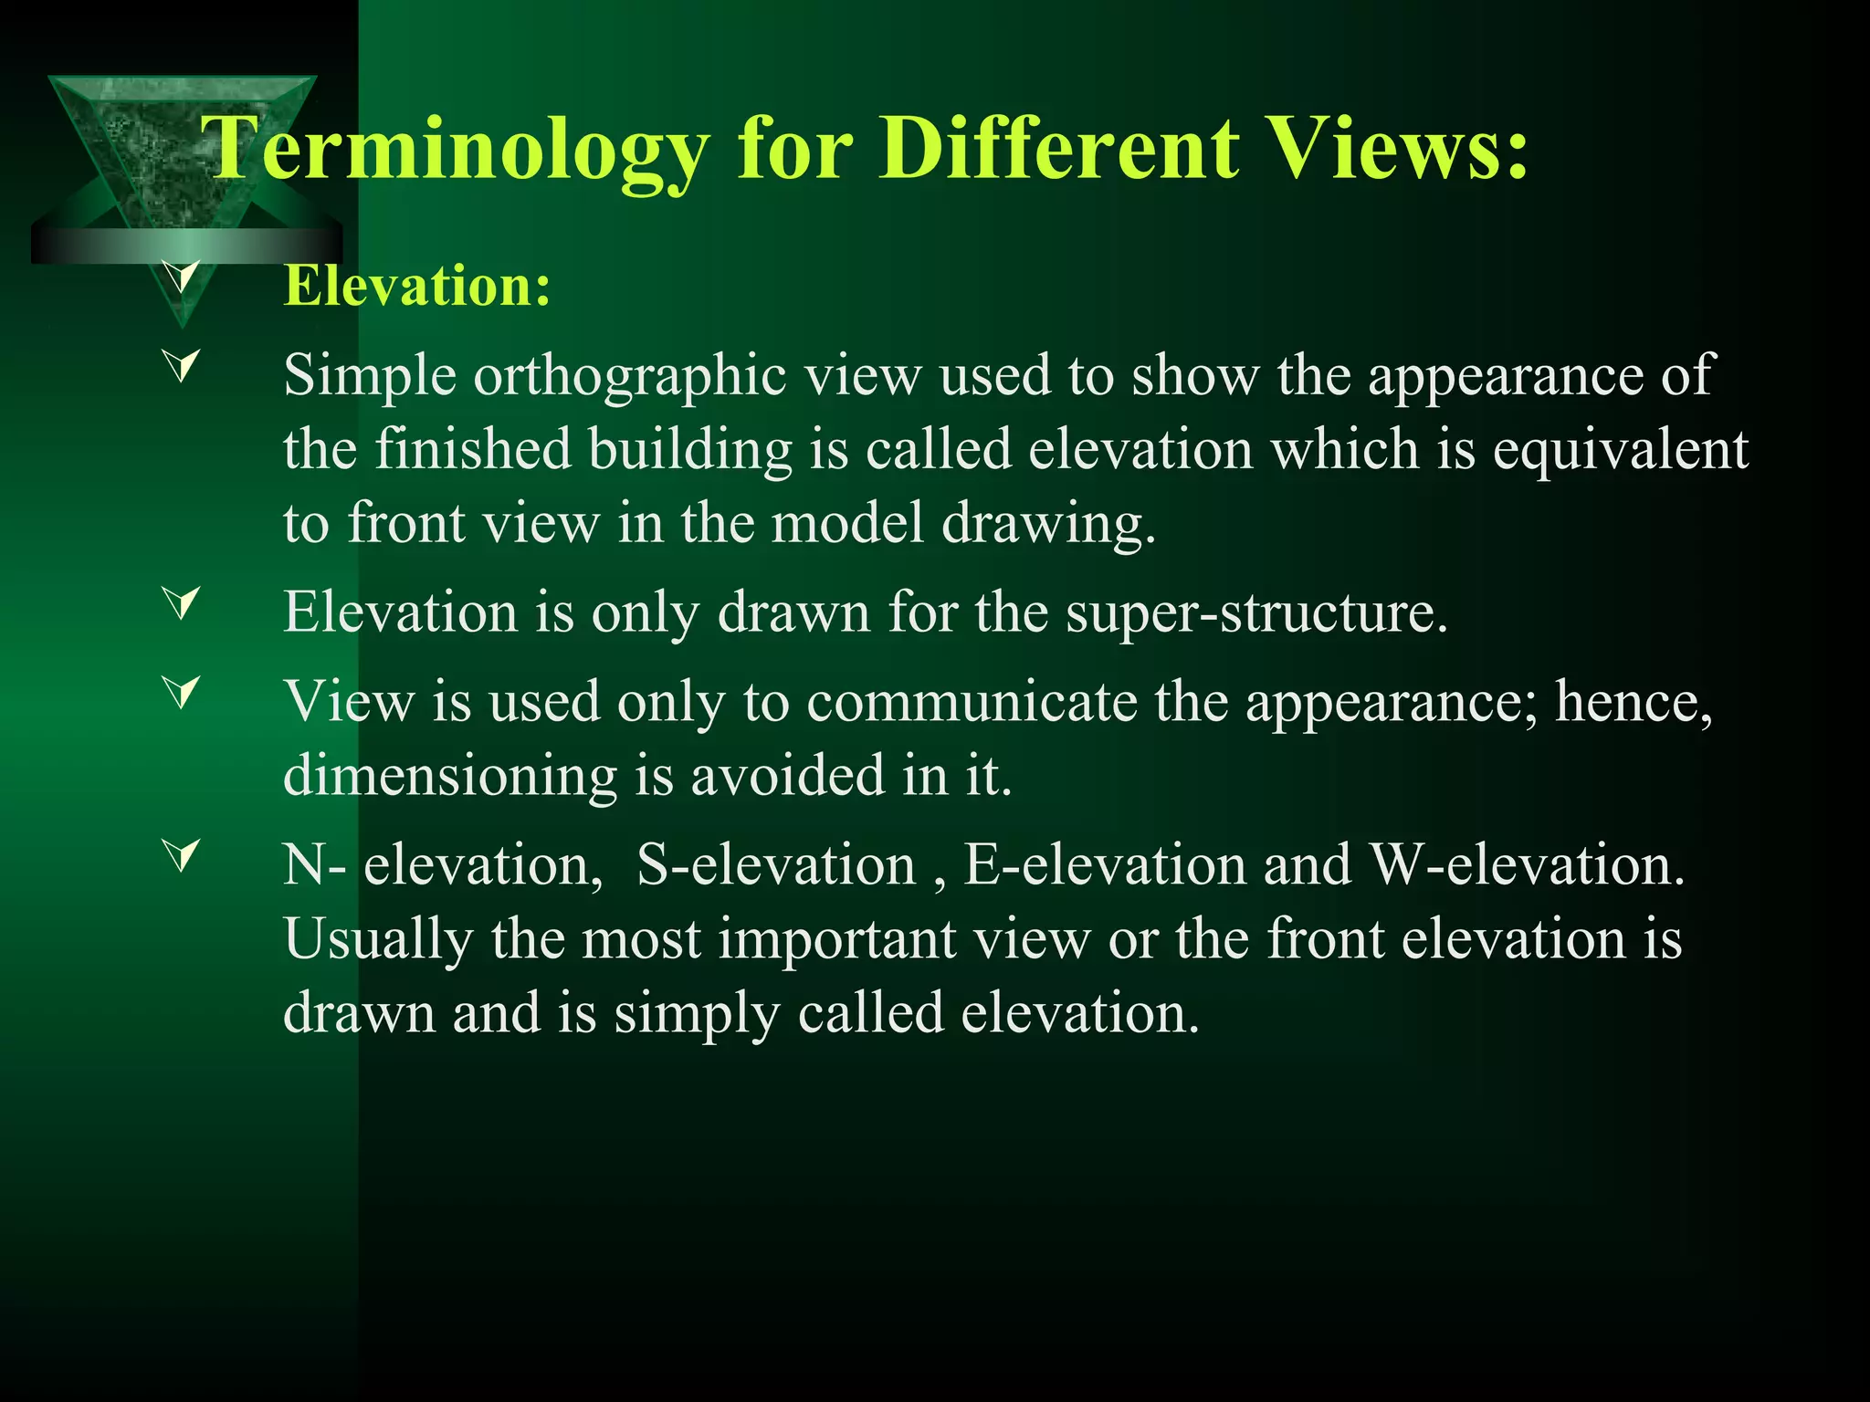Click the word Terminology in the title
(457, 149)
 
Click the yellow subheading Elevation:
(417, 286)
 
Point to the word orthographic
(630, 376)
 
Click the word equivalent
(1621, 451)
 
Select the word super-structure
(1255, 612)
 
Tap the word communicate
(972, 702)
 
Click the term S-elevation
(776, 864)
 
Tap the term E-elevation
(1105, 864)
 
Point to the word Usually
(378, 939)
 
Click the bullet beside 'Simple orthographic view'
(182, 368)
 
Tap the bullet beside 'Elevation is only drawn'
(182, 604)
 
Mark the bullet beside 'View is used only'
(182, 694)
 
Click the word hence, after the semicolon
(1634, 702)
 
